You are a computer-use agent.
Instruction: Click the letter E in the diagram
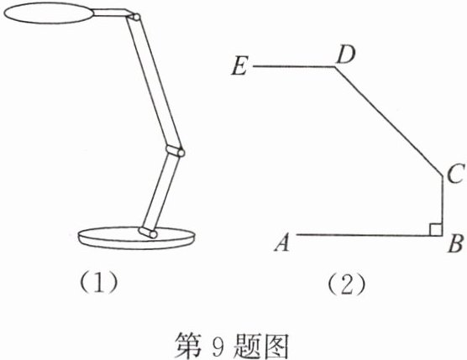(x=239, y=66)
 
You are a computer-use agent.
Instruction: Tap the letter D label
(x=345, y=55)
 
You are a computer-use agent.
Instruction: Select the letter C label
(x=455, y=174)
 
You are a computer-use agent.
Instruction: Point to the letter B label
(x=456, y=243)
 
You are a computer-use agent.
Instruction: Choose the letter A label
(x=282, y=243)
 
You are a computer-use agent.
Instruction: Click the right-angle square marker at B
(x=436, y=229)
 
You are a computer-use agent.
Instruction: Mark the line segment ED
(x=294, y=66)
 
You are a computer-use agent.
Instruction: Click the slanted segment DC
(x=388, y=121)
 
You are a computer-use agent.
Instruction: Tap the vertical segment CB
(x=443, y=206)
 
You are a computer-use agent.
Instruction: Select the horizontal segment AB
(x=370, y=235)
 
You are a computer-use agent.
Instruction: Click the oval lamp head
(x=49, y=13)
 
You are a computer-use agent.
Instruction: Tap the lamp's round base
(x=137, y=238)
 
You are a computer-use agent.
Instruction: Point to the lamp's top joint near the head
(x=134, y=17)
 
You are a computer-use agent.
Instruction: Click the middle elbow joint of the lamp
(x=176, y=151)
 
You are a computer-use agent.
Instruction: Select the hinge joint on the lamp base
(x=148, y=232)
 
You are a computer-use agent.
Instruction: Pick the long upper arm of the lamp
(x=155, y=82)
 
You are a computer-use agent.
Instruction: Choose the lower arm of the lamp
(x=160, y=192)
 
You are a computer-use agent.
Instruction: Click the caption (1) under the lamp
(x=98, y=282)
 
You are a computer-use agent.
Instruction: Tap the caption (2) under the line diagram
(x=346, y=284)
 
